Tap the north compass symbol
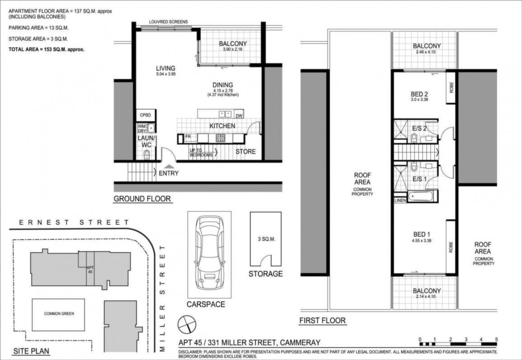(187, 325)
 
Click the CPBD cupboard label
(146, 115)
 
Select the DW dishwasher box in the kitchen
(239, 114)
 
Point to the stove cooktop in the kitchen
(220, 138)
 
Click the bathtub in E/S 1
(420, 196)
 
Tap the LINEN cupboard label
(400, 200)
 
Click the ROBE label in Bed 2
(451, 87)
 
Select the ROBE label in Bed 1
(451, 247)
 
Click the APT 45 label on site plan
(90, 270)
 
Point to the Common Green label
(59, 313)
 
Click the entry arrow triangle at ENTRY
(169, 166)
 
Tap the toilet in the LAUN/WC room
(146, 154)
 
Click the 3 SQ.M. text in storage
(266, 239)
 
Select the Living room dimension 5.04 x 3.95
(166, 74)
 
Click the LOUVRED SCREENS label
(169, 22)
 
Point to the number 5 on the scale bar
(496, 339)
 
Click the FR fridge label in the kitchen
(188, 136)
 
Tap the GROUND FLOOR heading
(142, 199)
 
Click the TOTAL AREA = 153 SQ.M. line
(46, 49)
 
